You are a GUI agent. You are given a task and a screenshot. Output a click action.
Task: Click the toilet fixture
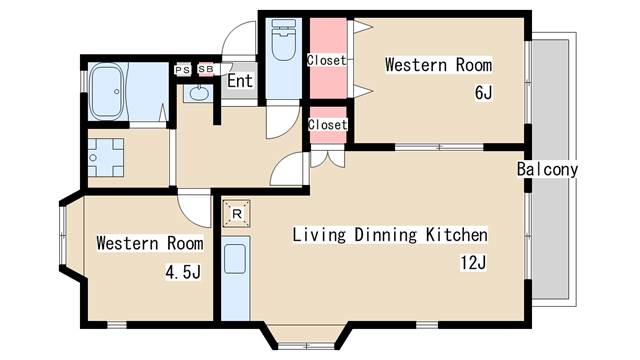point(284,40)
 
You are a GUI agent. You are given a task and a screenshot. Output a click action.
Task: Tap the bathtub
point(107,91)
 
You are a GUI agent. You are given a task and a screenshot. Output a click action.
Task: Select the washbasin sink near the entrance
point(199,93)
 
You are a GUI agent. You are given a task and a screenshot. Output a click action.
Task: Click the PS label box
point(182,70)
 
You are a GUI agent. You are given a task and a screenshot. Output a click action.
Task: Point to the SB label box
point(206,70)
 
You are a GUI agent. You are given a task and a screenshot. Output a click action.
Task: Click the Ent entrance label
point(240,80)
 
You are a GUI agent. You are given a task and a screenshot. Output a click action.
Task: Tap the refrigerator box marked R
point(237,213)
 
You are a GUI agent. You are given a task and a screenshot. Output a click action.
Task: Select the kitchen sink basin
point(235,259)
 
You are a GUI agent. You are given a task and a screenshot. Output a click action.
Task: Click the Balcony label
point(547,169)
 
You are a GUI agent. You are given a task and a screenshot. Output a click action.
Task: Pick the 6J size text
point(483,93)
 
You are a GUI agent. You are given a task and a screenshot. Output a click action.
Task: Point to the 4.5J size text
point(183,271)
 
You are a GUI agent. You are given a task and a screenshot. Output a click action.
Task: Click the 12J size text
point(473,262)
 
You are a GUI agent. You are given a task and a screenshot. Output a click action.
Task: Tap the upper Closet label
point(327,60)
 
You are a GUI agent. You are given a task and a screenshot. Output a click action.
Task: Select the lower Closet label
point(328,124)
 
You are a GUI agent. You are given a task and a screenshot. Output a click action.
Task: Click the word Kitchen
point(456,235)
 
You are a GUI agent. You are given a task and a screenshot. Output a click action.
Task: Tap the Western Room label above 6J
point(438,65)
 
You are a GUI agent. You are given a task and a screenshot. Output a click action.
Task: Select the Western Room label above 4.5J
point(150,243)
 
